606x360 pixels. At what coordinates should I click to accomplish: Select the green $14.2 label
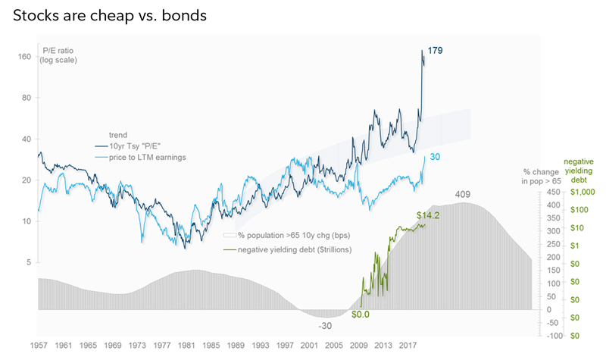click(430, 215)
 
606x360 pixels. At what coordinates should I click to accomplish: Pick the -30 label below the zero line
click(323, 326)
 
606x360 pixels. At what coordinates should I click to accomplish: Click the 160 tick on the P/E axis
click(24, 57)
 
